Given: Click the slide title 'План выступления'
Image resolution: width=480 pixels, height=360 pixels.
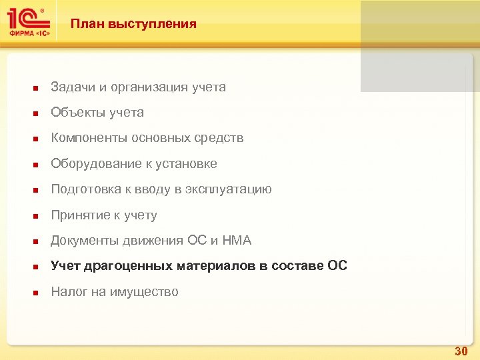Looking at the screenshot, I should (134, 24).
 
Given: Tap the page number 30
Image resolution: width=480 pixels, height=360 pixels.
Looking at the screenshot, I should (461, 351).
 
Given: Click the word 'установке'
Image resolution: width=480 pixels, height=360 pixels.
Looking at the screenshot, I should (191, 164).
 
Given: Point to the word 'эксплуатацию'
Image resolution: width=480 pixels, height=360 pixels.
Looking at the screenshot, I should (231, 189).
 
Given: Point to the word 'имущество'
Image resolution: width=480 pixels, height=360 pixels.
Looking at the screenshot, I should (145, 292).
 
